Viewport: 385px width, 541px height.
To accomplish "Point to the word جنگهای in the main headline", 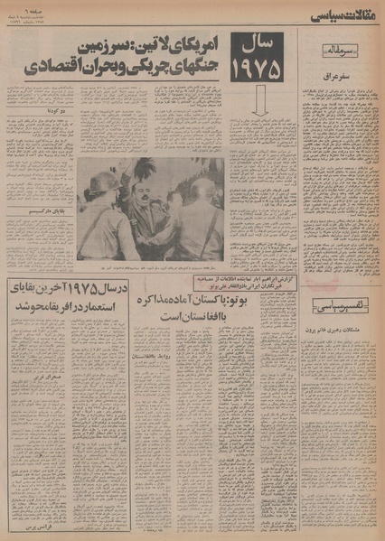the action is click(179, 65).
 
